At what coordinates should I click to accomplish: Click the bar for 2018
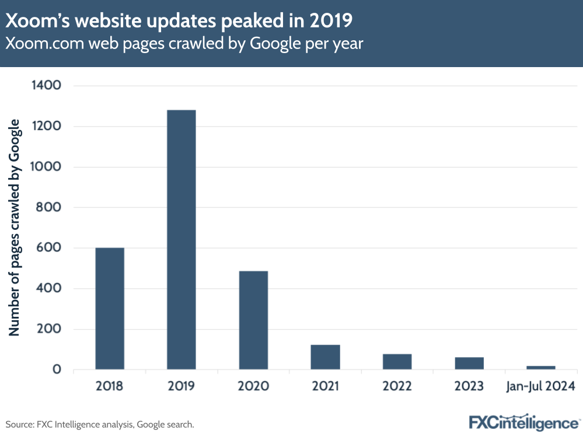(x=110, y=309)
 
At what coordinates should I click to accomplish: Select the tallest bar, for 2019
(x=181, y=240)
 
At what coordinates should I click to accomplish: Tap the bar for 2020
(x=253, y=320)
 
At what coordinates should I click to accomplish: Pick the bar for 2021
(x=325, y=357)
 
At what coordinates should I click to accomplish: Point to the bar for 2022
(x=397, y=362)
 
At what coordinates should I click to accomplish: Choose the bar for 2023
(x=469, y=363)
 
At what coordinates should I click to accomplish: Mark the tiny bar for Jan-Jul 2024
(x=541, y=368)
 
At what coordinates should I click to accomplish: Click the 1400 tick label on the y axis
(x=46, y=86)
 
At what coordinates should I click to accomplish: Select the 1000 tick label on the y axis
(x=46, y=167)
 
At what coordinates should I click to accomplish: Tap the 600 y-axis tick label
(x=49, y=248)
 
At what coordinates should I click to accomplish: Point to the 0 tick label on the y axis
(x=57, y=369)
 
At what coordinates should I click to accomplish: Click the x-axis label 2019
(x=181, y=386)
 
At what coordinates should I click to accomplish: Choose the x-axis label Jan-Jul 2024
(x=541, y=386)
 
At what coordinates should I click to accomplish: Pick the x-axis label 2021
(x=325, y=386)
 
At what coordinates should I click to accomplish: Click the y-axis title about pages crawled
(x=14, y=228)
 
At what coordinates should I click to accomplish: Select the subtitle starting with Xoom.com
(x=184, y=44)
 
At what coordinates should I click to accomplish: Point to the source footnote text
(x=99, y=424)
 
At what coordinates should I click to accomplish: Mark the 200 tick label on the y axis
(x=49, y=329)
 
